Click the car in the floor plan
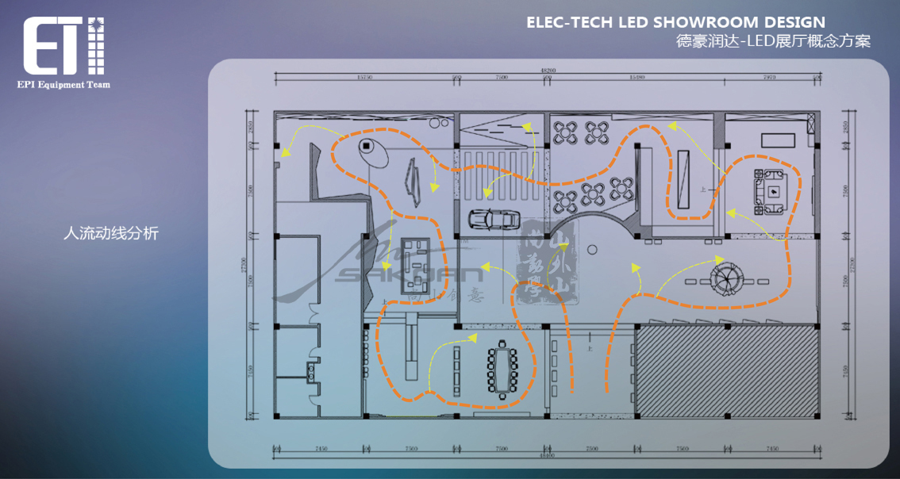pos(493,218)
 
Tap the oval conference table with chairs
pos(502,370)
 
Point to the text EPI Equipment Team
pos(63,84)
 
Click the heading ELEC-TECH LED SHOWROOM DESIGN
pos(675,22)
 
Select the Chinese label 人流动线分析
pos(111,233)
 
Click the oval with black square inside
pos(369,148)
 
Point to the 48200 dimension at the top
pos(546,70)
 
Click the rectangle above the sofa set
pos(778,140)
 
